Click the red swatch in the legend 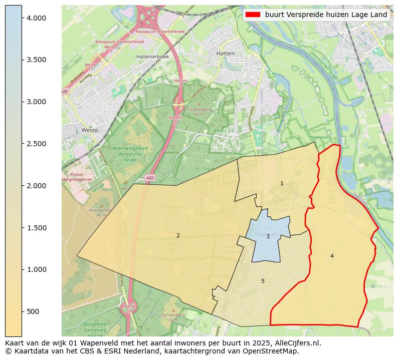click(x=253, y=15)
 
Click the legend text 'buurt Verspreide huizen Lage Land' click(x=326, y=15)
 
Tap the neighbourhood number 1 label click(x=282, y=184)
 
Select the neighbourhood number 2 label click(x=178, y=235)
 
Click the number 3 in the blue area click(x=268, y=236)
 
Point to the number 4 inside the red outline click(x=332, y=256)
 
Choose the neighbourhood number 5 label click(x=263, y=281)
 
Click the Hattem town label click(x=225, y=53)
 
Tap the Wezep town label click(x=89, y=130)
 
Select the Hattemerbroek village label click(x=152, y=57)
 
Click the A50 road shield click(x=150, y=178)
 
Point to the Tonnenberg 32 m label click(x=173, y=317)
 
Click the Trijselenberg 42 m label click(x=199, y=111)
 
